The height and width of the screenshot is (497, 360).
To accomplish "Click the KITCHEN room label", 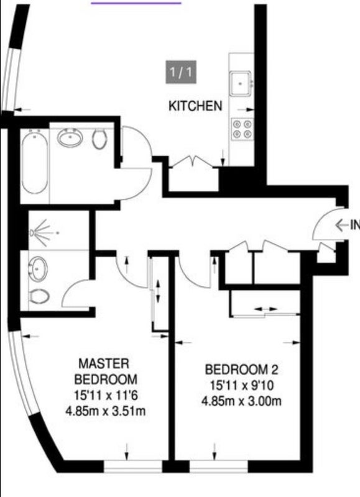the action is point(195,106).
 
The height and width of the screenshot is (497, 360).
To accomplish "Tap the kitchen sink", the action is point(241,84).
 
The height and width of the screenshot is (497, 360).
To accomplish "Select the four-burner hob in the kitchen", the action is point(242,129).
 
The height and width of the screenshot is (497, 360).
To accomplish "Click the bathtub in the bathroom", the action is point(35,164).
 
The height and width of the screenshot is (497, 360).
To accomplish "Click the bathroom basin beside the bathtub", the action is point(70,138).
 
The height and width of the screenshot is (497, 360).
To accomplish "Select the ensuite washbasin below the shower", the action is point(38,269).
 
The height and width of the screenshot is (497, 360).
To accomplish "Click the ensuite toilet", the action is point(39,297).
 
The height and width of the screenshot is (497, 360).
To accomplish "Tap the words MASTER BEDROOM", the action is point(106,371).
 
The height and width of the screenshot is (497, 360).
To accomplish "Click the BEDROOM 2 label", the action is point(241,370).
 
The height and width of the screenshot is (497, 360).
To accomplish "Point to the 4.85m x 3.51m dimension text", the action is point(105,411).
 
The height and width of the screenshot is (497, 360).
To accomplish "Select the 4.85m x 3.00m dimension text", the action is point(241,401).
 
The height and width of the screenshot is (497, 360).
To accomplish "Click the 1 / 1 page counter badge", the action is point(181,72).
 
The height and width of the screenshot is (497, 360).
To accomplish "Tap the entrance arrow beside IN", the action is point(343,225).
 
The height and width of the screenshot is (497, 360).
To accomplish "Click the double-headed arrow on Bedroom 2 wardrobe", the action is point(265,309).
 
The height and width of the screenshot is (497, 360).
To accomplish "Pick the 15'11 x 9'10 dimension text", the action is point(242,386).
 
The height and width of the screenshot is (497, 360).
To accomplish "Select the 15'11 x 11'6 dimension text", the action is point(106,396).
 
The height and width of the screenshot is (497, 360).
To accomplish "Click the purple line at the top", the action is point(136,3).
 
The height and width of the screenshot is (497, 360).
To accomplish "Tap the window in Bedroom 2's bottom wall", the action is point(218,467).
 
